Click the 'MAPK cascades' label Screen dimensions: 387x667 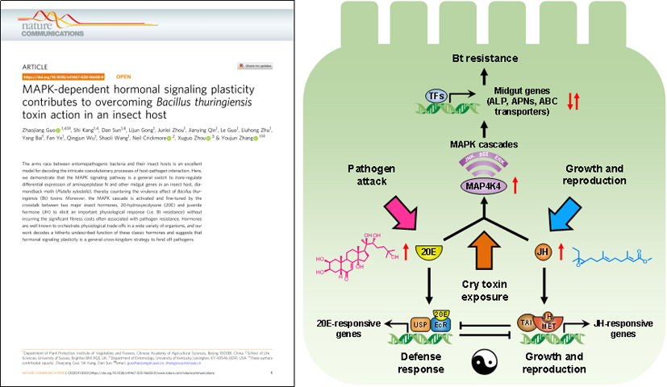tap(485, 144)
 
